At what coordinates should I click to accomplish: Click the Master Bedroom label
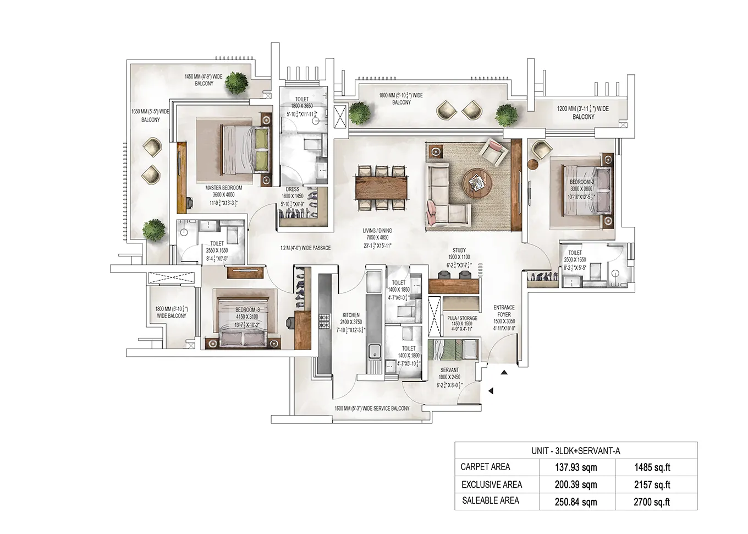click(x=223, y=188)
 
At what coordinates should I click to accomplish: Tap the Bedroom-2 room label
click(x=582, y=182)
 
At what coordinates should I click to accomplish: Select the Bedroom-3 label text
click(x=247, y=310)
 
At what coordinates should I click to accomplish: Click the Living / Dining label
click(x=377, y=231)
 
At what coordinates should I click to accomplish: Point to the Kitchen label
click(x=351, y=315)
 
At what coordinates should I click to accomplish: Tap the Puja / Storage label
click(x=462, y=318)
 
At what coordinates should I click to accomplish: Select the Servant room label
click(x=449, y=370)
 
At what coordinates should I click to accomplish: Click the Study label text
click(x=459, y=250)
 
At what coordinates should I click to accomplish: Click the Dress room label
click(x=293, y=189)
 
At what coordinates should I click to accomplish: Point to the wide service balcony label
click(x=372, y=408)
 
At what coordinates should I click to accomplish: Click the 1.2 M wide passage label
click(x=305, y=248)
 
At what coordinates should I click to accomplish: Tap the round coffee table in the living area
click(x=474, y=181)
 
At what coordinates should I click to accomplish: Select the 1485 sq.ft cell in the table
click(x=652, y=467)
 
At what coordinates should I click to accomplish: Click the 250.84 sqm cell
click(x=575, y=502)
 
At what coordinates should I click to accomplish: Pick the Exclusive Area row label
click(x=491, y=484)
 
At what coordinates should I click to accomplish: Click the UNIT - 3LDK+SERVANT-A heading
click(x=575, y=451)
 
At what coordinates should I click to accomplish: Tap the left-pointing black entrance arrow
click(x=491, y=391)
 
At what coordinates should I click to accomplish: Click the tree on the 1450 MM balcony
click(x=238, y=83)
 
